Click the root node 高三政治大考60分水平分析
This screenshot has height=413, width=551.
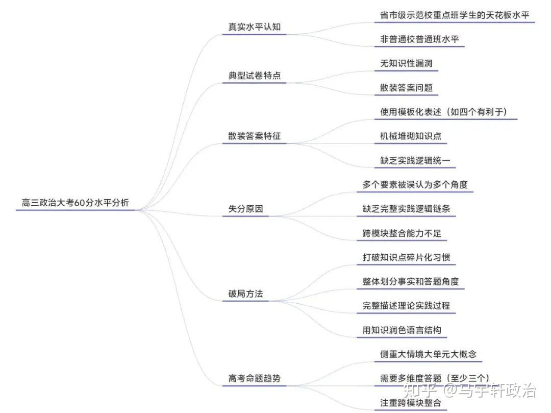[75, 203]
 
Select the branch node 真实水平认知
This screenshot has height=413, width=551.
[254, 27]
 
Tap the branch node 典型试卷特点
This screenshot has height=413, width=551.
[254, 76]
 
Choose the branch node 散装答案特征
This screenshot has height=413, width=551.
[254, 136]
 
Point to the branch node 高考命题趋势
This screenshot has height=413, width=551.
[254, 378]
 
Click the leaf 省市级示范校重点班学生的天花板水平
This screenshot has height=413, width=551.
[455, 15]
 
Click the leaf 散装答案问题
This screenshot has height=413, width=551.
[406, 87]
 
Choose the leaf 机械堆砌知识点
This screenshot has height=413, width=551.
[410, 136]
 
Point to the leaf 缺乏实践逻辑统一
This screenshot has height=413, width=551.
[415, 160]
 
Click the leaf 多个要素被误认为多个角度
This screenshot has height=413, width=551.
[415, 185]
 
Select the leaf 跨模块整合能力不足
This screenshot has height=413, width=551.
[402, 233]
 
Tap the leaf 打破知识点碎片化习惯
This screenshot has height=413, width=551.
[406, 257]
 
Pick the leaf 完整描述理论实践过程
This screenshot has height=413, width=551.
[406, 306]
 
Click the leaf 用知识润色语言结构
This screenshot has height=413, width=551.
[402, 330]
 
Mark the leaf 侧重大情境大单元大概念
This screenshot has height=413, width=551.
[428, 354]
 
